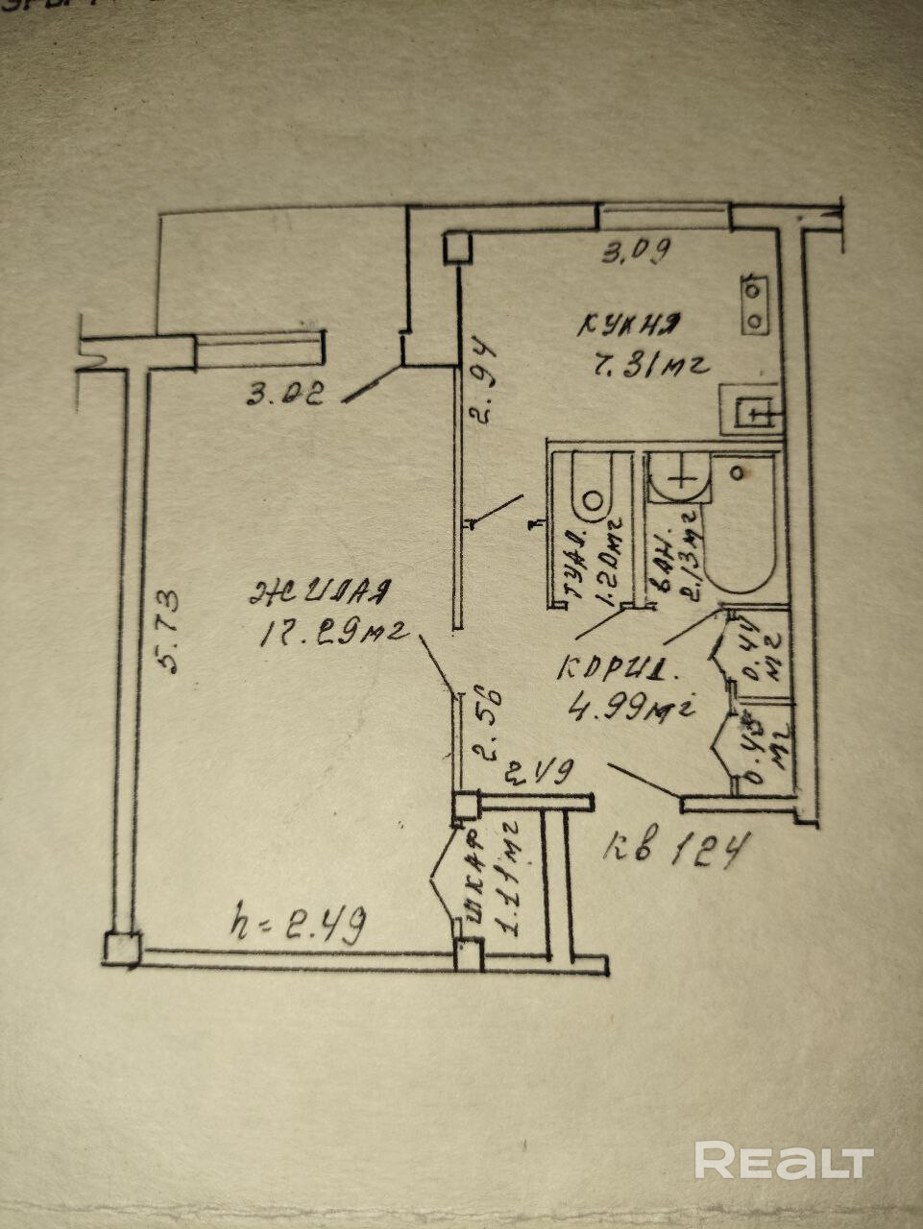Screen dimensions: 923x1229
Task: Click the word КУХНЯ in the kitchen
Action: [630, 325]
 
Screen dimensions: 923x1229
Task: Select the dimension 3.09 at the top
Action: [635, 253]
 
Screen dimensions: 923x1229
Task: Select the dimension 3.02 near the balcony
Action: [284, 393]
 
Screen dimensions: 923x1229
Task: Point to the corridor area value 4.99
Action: [630, 709]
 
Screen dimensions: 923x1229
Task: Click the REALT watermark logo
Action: [784, 1161]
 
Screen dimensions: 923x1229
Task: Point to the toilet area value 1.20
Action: [610, 562]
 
